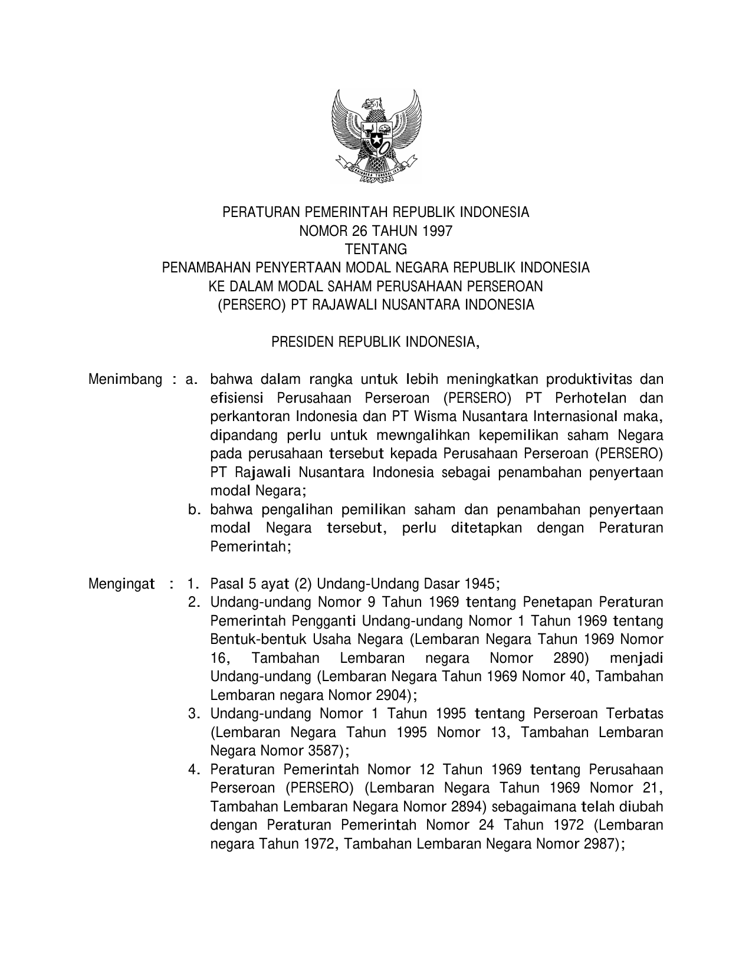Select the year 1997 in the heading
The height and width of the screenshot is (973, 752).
(438, 231)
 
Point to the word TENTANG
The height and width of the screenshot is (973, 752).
(376, 249)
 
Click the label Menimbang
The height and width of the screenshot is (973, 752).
(125, 379)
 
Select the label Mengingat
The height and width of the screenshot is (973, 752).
(121, 584)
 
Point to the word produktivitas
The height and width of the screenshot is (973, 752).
(589, 379)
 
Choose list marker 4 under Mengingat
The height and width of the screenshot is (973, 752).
(192, 770)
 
